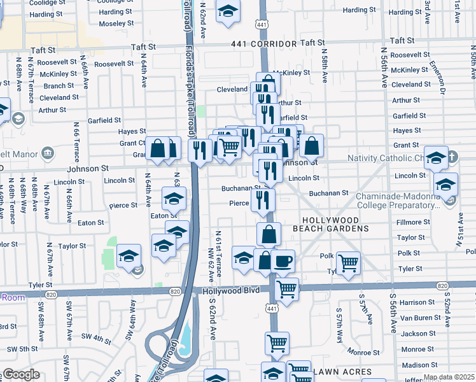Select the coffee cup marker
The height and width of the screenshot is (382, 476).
coord(283,260)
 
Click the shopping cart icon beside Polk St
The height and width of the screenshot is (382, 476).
coord(348,262)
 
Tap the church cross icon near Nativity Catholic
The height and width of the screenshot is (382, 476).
coord(452,157)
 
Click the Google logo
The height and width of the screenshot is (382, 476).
coord(20,374)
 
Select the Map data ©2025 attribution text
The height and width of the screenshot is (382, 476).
coord(449,377)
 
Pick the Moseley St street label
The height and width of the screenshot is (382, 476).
coord(116,24)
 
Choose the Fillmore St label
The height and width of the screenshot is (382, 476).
coord(413,222)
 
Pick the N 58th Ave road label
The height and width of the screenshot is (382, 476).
coord(324,67)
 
